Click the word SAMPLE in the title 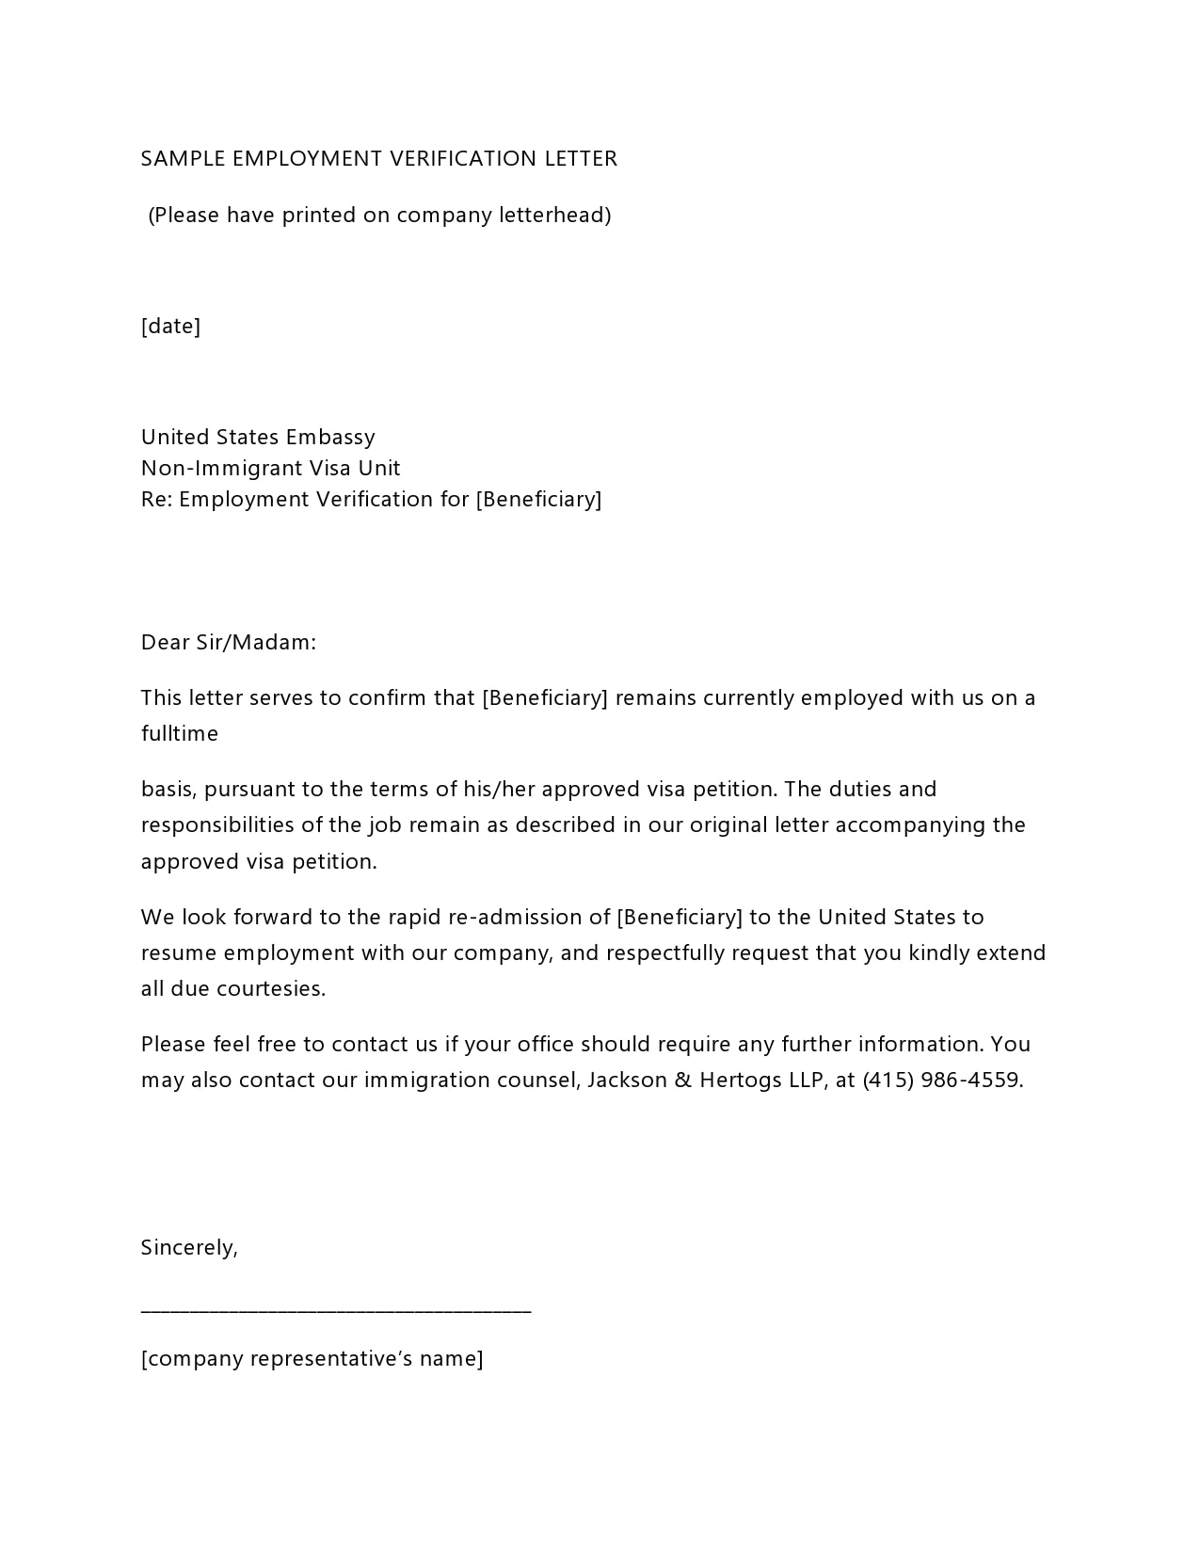[183, 159]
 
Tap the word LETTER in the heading [581, 159]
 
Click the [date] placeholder [170, 327]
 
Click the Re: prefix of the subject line [156, 500]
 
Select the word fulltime [180, 734]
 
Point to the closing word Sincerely [189, 1248]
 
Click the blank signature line [336, 1309]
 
